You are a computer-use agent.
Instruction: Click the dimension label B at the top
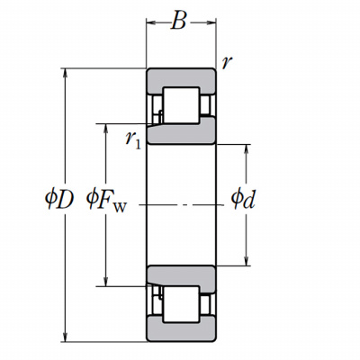click(179, 21)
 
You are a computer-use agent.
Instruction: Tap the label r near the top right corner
click(227, 62)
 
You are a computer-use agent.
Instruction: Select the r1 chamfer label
click(133, 140)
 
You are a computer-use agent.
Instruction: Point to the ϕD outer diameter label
click(59, 200)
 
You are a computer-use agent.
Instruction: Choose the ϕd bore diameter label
click(243, 199)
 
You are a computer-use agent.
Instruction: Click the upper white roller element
click(181, 105)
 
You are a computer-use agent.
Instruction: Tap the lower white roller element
click(181, 304)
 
